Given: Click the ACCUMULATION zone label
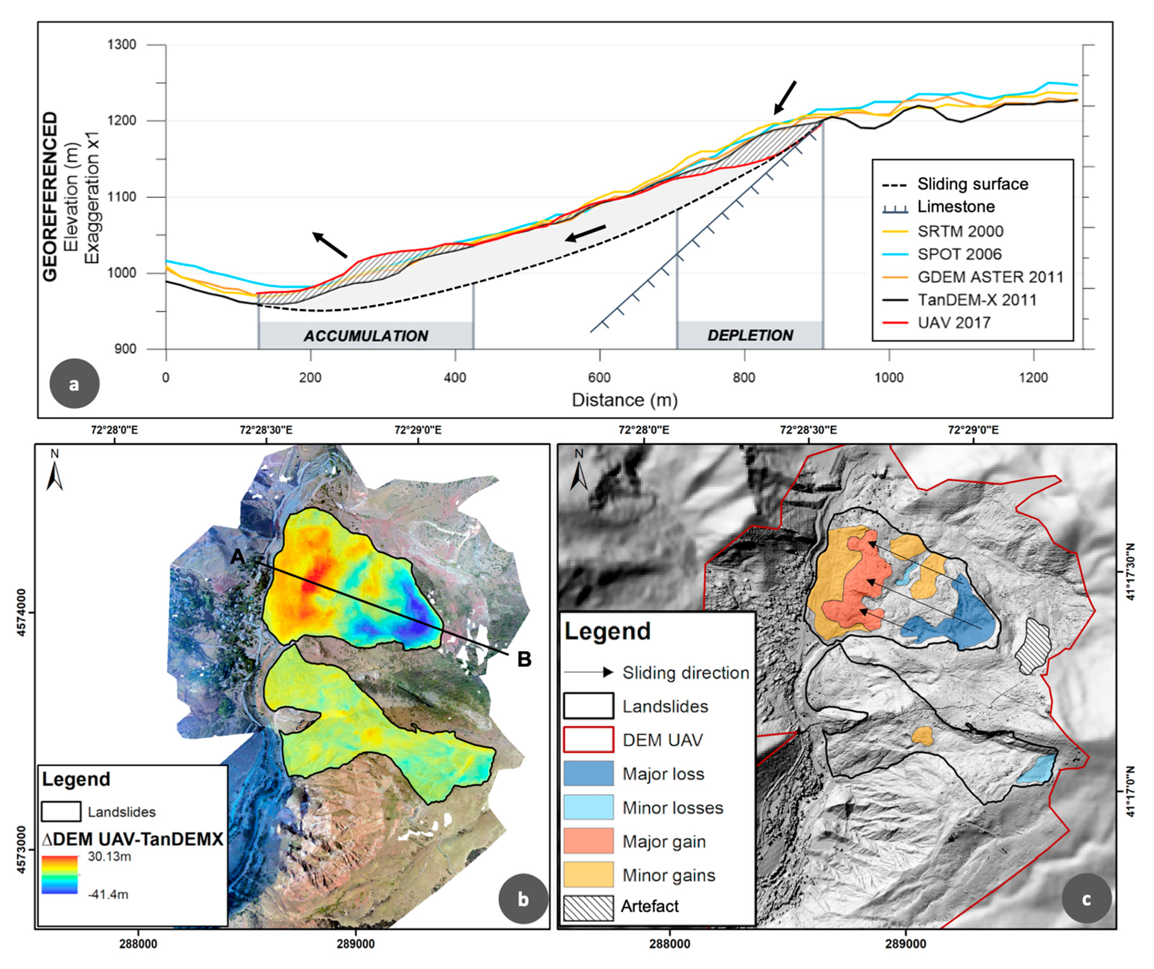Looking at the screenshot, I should pos(366,336).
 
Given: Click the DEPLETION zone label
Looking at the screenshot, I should pos(750,335).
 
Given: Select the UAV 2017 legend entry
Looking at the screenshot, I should pos(954,322).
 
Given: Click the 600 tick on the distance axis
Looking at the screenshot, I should pos(599,378).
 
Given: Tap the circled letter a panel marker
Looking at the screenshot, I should pos(74,383).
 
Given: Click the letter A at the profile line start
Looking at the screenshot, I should pos(238,557).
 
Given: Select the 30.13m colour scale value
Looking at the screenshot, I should pos(109,856).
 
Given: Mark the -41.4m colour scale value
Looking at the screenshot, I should pos(108,894).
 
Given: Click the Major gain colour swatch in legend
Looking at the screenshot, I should pos(588,841).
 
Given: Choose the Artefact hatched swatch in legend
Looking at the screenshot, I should pos(588,909).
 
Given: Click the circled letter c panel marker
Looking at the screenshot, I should pos(1086,899).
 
